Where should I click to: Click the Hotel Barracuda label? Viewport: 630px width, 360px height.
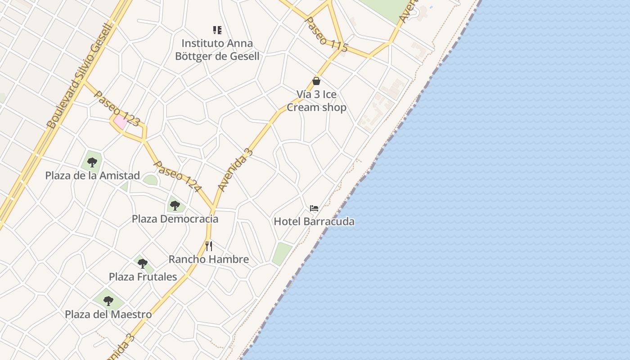(x=314, y=221)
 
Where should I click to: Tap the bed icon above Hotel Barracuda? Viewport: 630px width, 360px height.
(x=314, y=208)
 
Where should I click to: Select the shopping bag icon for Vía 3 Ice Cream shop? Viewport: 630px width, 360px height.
(x=316, y=81)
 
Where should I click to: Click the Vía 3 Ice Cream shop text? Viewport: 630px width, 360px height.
(x=316, y=101)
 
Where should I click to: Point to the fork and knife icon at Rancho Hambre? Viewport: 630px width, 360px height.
(x=209, y=246)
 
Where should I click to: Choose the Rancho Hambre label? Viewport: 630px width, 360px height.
(x=209, y=259)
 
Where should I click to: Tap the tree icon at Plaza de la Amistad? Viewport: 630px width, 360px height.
(x=92, y=162)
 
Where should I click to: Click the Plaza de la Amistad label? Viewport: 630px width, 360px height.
(x=92, y=175)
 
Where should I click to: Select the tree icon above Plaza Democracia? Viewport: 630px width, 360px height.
(x=175, y=206)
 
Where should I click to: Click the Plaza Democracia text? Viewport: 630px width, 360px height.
(x=175, y=219)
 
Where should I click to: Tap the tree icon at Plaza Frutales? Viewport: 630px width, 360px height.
(x=143, y=263)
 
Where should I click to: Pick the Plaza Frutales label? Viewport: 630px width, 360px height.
(x=143, y=276)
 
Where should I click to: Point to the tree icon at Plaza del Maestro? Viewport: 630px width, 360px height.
(x=108, y=301)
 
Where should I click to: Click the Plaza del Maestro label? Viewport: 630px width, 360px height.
(x=108, y=314)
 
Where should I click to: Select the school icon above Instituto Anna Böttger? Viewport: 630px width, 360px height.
(x=217, y=30)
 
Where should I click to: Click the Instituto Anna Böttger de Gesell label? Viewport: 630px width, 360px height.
(x=217, y=49)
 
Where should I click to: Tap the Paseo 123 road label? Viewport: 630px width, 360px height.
(x=117, y=108)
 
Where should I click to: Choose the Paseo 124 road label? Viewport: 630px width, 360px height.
(x=177, y=176)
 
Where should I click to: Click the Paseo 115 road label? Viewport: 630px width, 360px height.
(x=326, y=34)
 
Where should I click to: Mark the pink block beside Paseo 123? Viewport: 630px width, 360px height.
(x=120, y=122)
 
